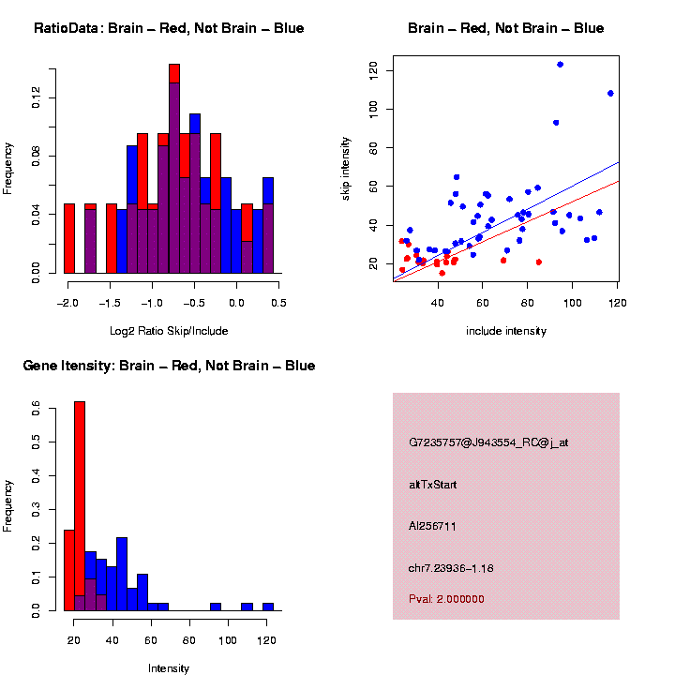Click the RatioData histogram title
[x=169, y=28]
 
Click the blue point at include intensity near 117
[x=610, y=94]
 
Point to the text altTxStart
[x=433, y=485]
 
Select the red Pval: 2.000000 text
[x=446, y=599]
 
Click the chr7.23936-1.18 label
[x=451, y=568]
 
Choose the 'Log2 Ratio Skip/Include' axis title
[x=169, y=331]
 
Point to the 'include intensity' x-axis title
[x=506, y=331]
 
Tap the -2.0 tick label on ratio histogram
[x=67, y=303]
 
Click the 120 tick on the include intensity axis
[x=618, y=303]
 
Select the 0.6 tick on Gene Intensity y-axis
[x=37, y=408]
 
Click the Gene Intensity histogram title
[x=169, y=366]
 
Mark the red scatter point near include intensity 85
[x=539, y=262]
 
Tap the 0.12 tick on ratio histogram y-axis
[x=37, y=97]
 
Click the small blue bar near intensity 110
[x=247, y=607]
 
